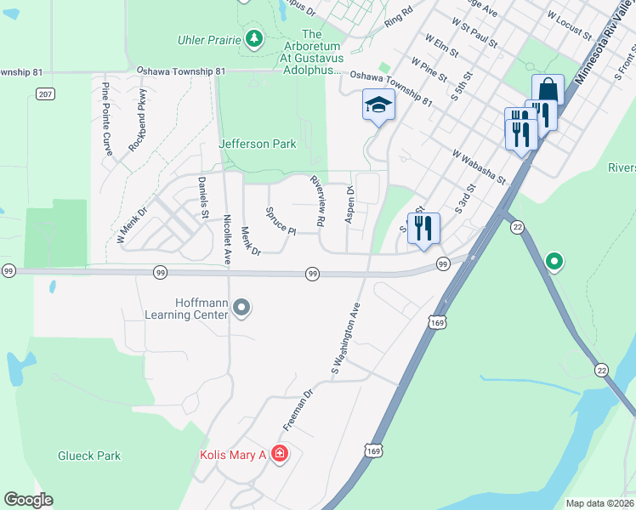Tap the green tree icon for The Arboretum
point(253,38)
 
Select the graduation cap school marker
point(378,105)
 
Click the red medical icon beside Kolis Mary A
point(280,456)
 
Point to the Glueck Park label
point(89,456)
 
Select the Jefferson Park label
point(258,144)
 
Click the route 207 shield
point(46,94)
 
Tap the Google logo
point(28,500)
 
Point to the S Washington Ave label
point(347,338)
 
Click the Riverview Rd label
point(318,201)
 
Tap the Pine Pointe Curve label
point(107,113)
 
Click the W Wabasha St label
point(479,167)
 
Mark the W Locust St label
point(569,25)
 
